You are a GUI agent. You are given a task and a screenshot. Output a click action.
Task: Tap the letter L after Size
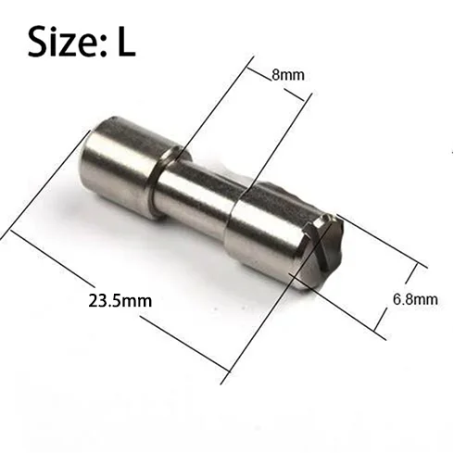126,42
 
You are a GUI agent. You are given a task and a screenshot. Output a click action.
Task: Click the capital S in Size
39,42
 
